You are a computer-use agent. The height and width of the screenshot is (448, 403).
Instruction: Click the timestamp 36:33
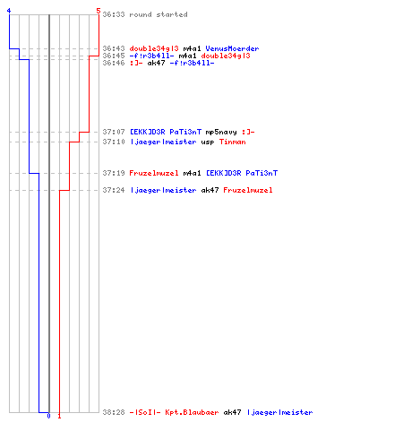click(114, 14)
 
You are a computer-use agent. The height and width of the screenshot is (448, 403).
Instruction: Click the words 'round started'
click(159, 14)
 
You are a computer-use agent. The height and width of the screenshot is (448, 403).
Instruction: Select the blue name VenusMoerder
click(232, 48)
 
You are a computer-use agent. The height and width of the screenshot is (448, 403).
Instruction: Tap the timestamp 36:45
click(114, 56)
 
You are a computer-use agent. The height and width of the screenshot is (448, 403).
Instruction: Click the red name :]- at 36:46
click(136, 63)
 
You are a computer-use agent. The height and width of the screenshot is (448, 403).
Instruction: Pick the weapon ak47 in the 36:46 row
click(156, 63)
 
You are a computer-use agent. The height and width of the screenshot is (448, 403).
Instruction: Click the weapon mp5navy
click(221, 132)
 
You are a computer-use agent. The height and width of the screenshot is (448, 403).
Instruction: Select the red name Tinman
click(233, 142)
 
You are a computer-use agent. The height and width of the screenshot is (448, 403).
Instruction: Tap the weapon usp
click(208, 142)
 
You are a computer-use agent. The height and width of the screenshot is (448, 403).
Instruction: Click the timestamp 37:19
click(114, 173)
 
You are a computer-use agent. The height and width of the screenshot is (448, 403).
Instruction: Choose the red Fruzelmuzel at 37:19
click(154, 173)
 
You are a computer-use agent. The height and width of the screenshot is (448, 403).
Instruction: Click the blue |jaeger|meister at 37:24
click(163, 190)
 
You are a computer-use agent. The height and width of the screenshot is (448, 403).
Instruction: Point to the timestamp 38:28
click(114, 412)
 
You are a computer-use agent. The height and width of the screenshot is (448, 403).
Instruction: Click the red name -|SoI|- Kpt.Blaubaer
click(174, 412)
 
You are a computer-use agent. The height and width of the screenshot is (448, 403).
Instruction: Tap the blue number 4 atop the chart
click(9, 11)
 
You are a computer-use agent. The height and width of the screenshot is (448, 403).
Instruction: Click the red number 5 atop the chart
click(99, 11)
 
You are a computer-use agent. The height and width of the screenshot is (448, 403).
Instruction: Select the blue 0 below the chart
click(48, 416)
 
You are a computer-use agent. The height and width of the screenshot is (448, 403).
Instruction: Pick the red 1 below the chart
click(59, 416)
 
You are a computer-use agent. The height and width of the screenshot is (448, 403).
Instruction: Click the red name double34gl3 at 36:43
click(154, 48)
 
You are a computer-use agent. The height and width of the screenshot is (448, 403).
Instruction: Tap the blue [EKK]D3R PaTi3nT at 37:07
click(166, 132)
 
